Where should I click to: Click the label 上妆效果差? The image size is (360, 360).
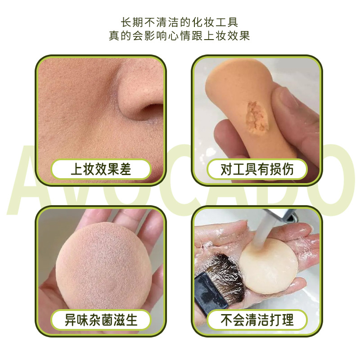(100, 169)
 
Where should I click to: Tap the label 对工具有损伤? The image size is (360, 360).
(257, 169)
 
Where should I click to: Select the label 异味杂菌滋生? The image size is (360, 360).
(100, 320)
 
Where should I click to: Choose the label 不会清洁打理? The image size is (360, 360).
(257, 320)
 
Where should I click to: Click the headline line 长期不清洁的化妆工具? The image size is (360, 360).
(180, 22)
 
